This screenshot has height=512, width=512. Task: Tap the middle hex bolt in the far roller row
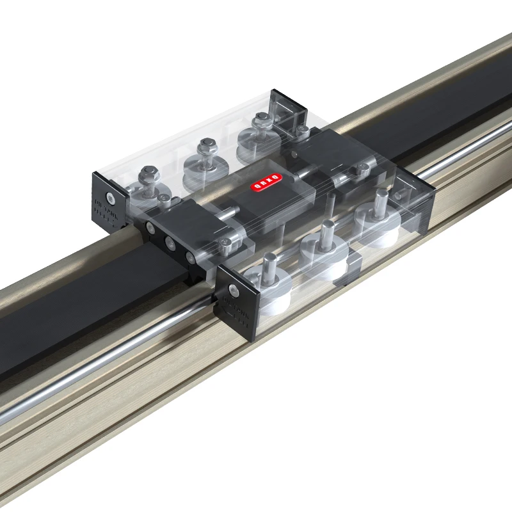(206, 147)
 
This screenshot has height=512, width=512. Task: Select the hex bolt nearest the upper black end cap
(261, 119)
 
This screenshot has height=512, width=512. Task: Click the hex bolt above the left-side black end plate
(148, 173)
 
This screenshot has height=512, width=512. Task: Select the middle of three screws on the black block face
(171, 242)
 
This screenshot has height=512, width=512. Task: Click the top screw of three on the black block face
(152, 227)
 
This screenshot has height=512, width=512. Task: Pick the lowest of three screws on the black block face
(191, 257)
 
